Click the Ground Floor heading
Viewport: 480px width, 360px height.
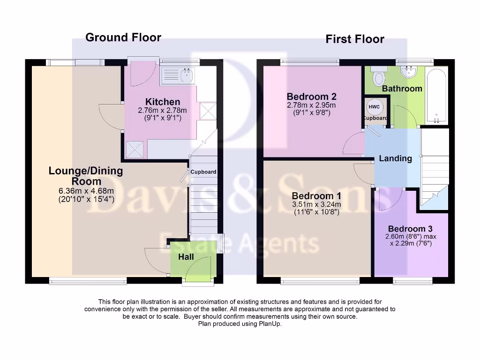123,37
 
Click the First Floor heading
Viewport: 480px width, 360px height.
355,39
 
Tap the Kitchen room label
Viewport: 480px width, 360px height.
162,102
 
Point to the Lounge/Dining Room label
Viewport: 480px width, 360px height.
86,176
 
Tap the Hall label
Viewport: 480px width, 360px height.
186,257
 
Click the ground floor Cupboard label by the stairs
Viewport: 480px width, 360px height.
203,172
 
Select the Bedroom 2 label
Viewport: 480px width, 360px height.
312,97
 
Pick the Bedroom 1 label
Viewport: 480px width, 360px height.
316,195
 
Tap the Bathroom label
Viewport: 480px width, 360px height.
402,89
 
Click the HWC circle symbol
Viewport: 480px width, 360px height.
374,107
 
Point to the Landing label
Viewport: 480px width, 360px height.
395,158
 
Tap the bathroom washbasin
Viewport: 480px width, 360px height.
409,72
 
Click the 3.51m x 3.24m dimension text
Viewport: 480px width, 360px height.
316,204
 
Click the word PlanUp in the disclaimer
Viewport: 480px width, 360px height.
271,323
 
